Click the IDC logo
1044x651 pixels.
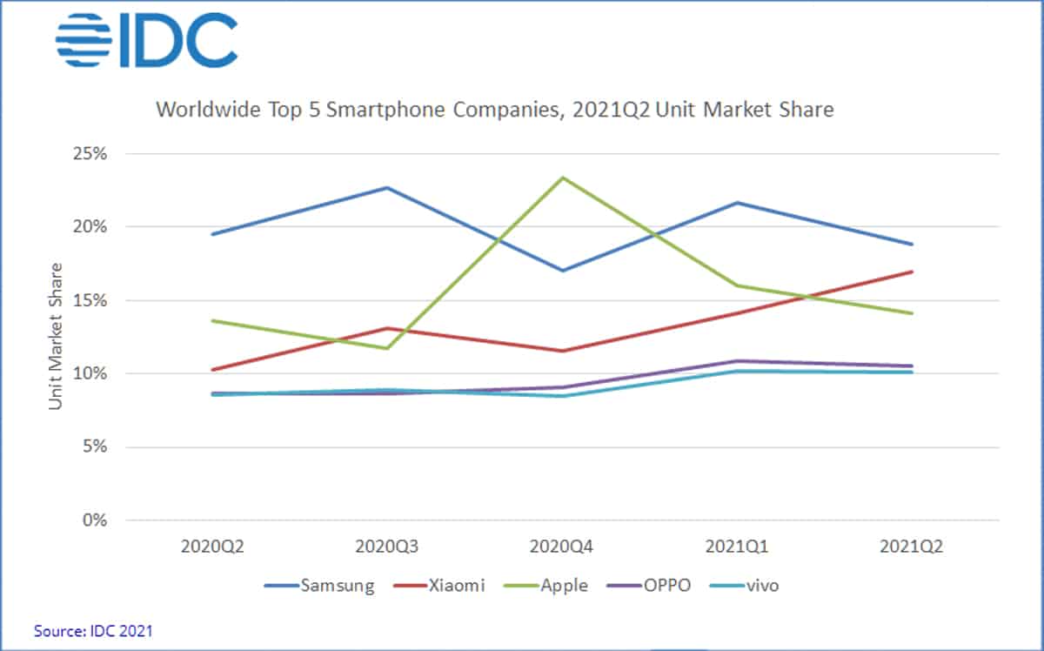tap(146, 40)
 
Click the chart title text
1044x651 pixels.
tap(494, 111)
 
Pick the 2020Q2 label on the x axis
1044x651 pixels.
tap(213, 547)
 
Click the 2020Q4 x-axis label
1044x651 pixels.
tap(562, 547)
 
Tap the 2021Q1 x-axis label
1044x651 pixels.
tap(737, 547)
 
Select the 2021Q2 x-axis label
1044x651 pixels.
tap(911, 547)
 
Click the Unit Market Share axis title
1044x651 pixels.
tap(56, 336)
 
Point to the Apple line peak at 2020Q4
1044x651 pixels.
tap(563, 178)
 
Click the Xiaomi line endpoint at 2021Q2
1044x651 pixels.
tap(912, 272)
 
